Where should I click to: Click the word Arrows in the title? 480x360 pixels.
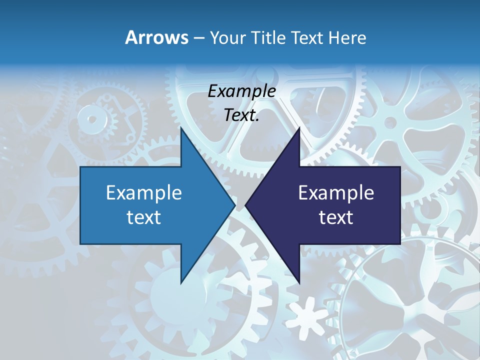(157, 37)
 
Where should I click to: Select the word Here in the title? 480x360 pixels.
(347, 37)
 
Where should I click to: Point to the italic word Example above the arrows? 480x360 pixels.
(241, 91)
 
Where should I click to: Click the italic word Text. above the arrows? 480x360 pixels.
(241, 115)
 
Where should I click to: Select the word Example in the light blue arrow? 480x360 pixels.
(143, 192)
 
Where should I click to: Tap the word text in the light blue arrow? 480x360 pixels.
(143, 217)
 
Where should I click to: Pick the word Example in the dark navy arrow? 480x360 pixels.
(336, 192)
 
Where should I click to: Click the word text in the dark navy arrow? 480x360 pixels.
(336, 217)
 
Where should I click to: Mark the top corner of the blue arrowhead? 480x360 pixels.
(181, 127)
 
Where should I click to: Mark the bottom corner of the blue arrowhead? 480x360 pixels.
(181, 283)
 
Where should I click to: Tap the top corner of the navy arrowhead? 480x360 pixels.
(299, 127)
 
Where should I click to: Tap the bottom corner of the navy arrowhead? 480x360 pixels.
(299, 283)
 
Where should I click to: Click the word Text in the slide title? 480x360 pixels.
(306, 37)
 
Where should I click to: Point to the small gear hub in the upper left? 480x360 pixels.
(92, 119)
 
